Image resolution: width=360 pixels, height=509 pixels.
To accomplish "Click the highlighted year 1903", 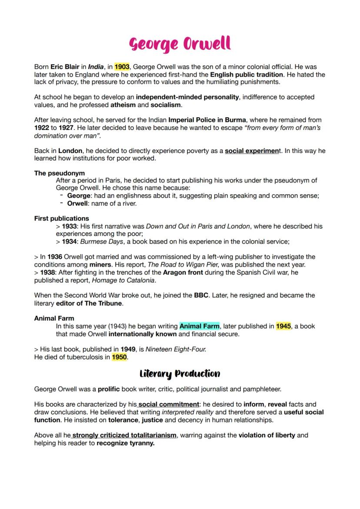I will [x=122, y=67].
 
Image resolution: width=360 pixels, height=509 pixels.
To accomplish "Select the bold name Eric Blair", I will [x=65, y=67].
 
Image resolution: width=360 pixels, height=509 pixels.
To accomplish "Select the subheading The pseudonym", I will [x=60, y=173].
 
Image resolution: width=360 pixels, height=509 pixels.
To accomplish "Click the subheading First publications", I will [x=61, y=218].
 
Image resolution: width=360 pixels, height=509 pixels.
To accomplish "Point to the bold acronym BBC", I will [x=203, y=295].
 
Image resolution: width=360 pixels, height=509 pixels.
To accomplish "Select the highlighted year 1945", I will [x=283, y=326].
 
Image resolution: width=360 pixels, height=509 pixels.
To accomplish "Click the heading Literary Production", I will [x=180, y=373].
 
